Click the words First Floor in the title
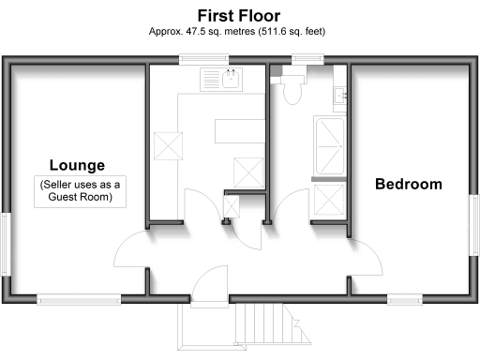click(x=238, y=15)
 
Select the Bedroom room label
click(x=408, y=184)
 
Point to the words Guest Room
click(x=82, y=198)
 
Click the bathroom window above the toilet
click(x=305, y=60)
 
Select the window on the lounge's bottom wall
click(x=79, y=299)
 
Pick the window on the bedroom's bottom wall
click(x=404, y=299)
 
